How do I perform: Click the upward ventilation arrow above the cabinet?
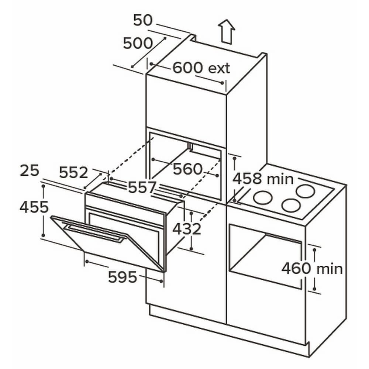point(227,31)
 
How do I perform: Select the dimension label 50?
point(143,20)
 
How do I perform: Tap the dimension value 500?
point(138,43)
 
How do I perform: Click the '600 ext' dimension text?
point(201,68)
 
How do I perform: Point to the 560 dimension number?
point(187,169)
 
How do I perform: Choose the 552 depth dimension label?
point(74,172)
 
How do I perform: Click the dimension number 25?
point(30,170)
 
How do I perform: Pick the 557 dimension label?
point(142,187)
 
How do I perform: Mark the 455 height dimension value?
point(34,207)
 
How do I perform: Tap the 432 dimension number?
point(187,229)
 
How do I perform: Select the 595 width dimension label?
point(123,277)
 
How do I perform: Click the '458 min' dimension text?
point(263,179)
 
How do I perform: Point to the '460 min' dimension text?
point(312,268)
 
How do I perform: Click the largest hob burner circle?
point(305,191)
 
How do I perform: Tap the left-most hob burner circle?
point(263,197)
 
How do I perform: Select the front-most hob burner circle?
point(292,205)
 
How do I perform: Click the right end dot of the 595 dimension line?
point(161,281)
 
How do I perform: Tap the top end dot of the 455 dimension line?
point(43,186)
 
